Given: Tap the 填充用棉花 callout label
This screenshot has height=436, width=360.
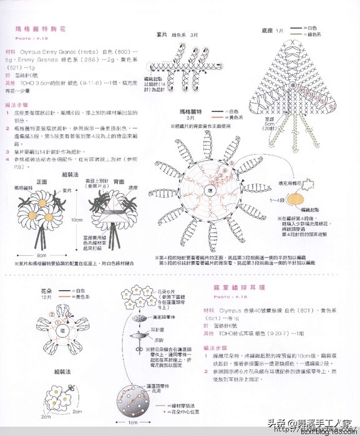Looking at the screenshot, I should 294,177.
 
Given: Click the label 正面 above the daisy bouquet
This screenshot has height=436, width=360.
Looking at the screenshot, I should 42,182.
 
